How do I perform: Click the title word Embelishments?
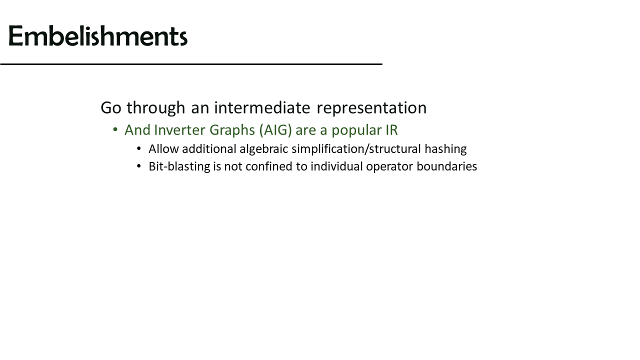coord(98,36)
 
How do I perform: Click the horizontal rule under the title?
coord(191,64)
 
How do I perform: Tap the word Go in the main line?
coord(111,108)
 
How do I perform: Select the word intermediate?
coord(262,107)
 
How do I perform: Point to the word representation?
coord(371,109)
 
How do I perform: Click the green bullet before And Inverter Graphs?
coord(115,129)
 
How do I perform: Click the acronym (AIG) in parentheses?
coord(275,130)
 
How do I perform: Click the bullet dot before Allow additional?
coord(139,148)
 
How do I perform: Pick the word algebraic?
coord(263,149)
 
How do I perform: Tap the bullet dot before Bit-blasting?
coord(139,166)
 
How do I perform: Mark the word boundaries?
coord(447,167)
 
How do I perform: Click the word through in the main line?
coord(156,108)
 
